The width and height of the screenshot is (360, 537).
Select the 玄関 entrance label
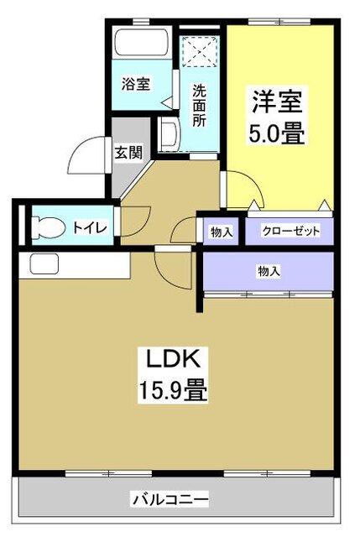[128, 153]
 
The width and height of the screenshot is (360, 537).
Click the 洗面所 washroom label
[199, 105]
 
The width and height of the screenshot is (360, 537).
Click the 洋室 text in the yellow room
[277, 102]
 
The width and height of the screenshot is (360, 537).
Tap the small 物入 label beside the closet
[221, 232]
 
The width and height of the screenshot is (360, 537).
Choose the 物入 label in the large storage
[269, 270]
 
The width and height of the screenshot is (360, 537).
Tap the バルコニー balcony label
[170, 500]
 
